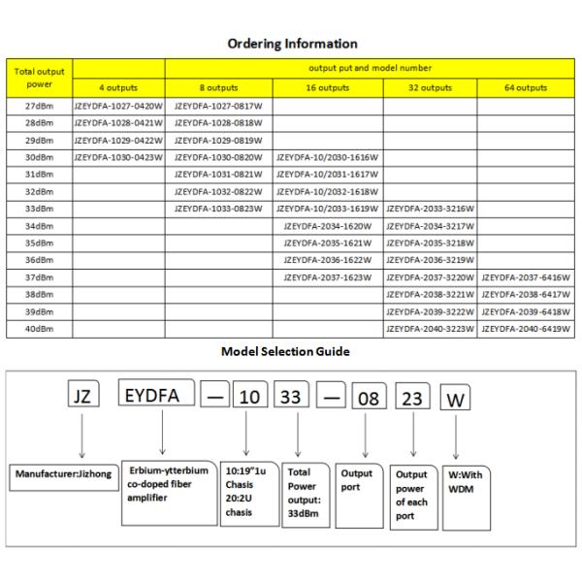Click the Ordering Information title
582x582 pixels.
point(291,44)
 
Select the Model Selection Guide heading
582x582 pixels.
point(291,351)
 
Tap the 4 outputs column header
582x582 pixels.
point(118,87)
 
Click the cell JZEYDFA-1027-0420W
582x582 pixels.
point(118,105)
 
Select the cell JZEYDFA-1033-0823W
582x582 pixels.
point(220,208)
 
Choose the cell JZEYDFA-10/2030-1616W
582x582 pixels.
point(327,156)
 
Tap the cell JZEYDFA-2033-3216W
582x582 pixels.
point(430,208)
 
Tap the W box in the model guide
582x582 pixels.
point(456,398)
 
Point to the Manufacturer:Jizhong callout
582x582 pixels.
point(62,474)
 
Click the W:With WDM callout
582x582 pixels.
point(467,481)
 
